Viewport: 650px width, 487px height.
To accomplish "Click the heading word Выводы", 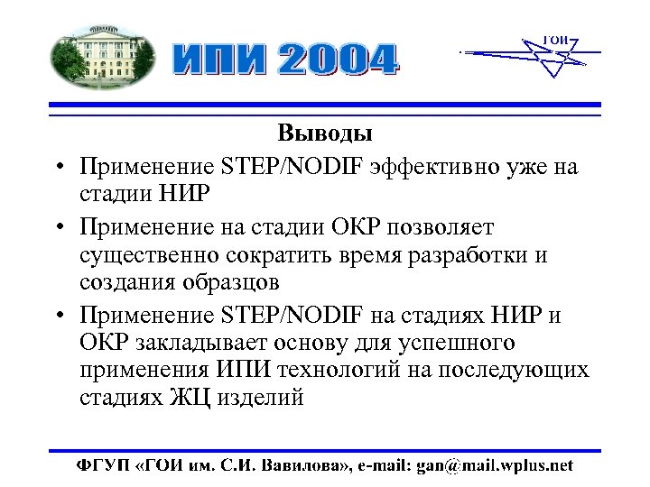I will click(x=325, y=134).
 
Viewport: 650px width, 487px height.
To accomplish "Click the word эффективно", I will click(x=434, y=167).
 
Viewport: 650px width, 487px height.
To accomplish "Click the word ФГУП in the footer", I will click(x=101, y=465).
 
